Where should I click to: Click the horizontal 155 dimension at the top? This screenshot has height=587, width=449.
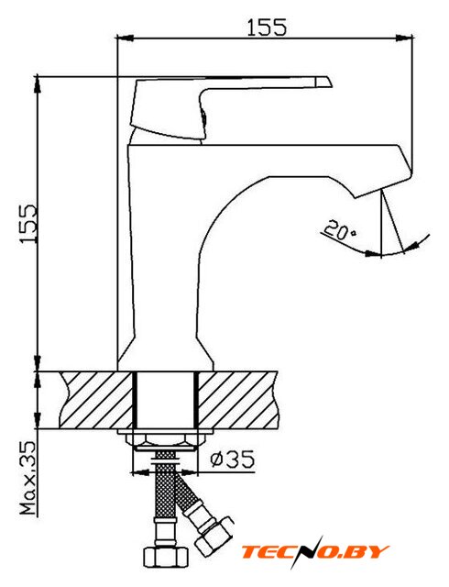click(x=267, y=27)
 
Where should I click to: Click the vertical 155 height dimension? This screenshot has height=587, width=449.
click(x=28, y=224)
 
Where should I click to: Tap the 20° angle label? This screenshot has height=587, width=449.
click(x=340, y=231)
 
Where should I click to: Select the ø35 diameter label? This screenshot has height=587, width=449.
click(x=233, y=459)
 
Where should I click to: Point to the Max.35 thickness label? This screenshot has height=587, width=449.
click(x=28, y=478)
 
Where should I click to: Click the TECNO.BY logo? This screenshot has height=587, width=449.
click(x=314, y=551)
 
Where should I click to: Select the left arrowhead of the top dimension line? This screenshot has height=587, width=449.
click(x=125, y=38)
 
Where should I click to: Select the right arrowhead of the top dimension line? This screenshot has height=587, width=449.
click(x=405, y=38)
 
